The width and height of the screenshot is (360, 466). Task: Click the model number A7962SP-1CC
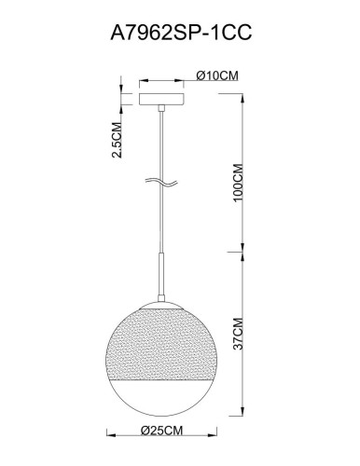pos(180,32)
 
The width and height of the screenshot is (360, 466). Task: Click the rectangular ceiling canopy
pos(162,97)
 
